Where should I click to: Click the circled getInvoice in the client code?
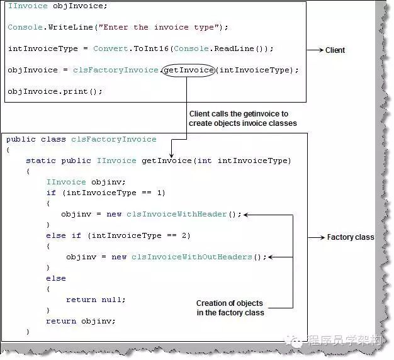[x=188, y=69]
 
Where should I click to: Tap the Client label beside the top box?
[x=335, y=50]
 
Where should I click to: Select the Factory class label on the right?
[x=350, y=237]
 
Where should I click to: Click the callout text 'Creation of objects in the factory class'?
[x=230, y=308]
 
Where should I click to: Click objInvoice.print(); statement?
[x=55, y=91]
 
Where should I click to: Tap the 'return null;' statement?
[x=96, y=300]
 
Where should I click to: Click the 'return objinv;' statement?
[x=81, y=321]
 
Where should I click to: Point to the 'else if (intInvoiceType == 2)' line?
[x=118, y=235]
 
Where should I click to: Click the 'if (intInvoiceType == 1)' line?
[x=105, y=193]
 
